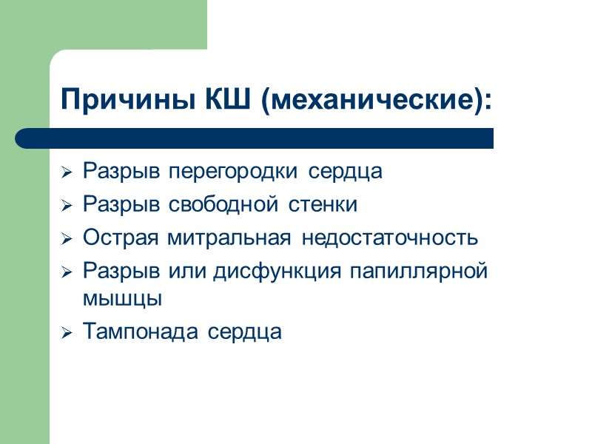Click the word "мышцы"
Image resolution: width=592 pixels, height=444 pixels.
122,299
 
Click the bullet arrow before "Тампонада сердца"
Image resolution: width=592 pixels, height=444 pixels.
67,333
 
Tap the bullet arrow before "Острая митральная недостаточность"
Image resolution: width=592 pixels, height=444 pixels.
67,240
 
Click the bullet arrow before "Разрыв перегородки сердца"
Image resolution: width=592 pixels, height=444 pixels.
67,173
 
